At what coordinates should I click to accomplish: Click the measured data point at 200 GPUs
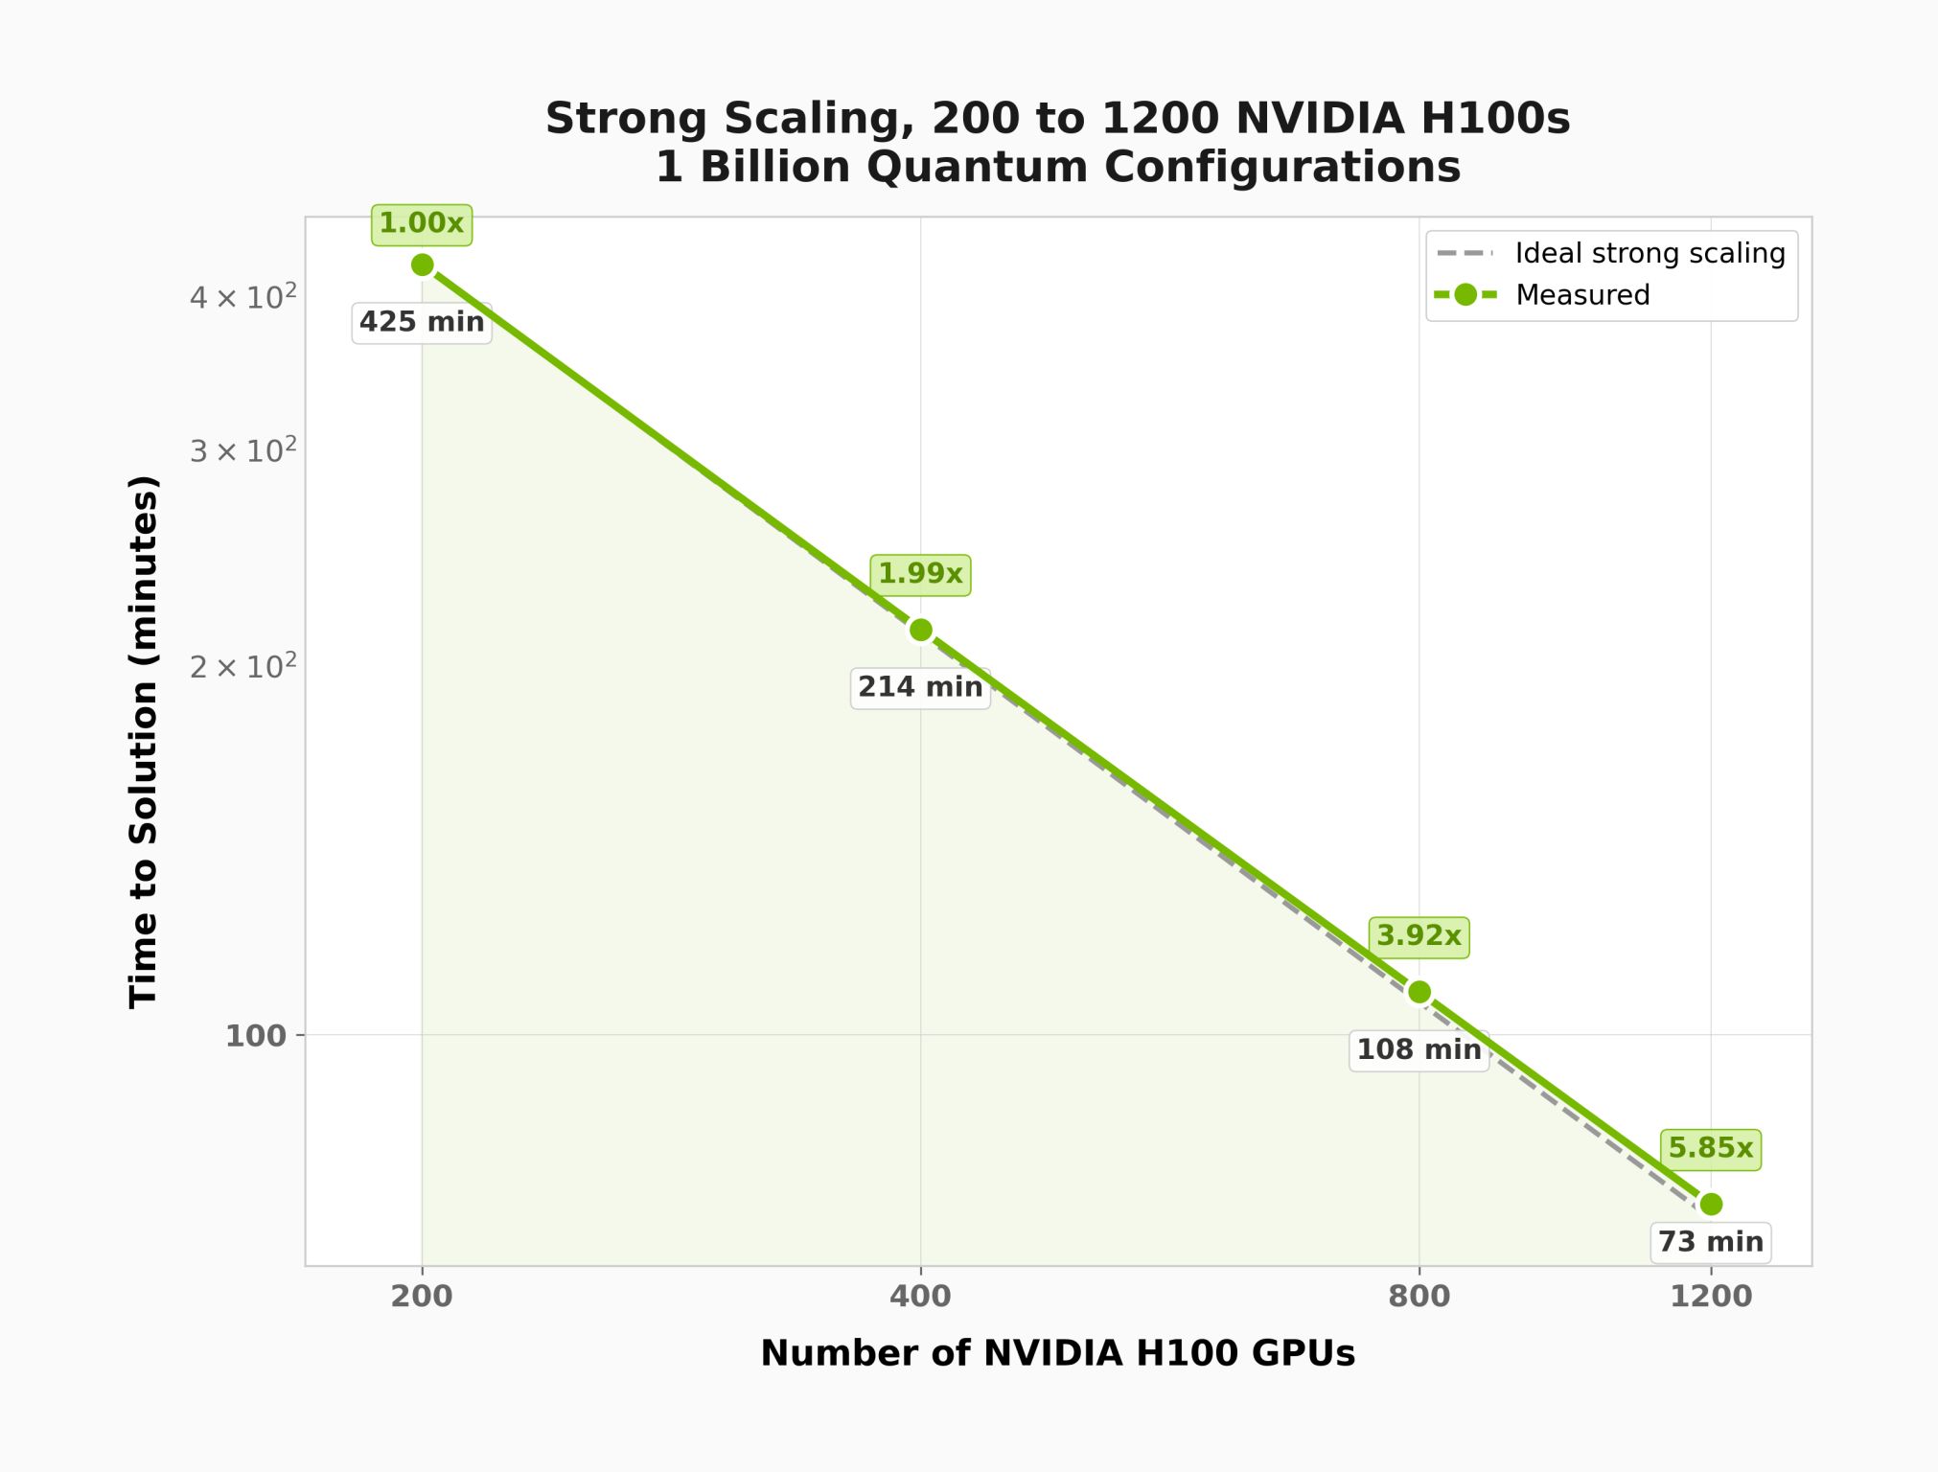(422, 264)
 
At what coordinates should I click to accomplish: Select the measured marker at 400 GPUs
(920, 630)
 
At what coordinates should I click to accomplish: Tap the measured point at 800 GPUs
(1419, 992)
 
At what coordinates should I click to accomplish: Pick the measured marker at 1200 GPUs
(1711, 1204)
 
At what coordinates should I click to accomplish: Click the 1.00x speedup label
(422, 224)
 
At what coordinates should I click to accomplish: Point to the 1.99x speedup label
(920, 574)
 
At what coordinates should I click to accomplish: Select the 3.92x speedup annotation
(1419, 936)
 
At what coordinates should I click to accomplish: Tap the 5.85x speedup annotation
(1711, 1148)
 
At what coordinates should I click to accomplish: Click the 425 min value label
(422, 322)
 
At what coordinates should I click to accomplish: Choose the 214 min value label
(920, 687)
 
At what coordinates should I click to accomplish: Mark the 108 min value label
(1419, 1050)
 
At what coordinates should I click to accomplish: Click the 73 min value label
(1711, 1242)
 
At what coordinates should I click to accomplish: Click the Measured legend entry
(1582, 295)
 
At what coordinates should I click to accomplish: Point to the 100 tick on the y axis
(255, 1036)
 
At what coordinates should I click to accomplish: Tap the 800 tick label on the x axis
(1419, 1297)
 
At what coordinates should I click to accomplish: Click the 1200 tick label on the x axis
(1711, 1297)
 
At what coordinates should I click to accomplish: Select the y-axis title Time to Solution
(144, 741)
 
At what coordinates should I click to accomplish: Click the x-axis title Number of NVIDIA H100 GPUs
(1057, 1353)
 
